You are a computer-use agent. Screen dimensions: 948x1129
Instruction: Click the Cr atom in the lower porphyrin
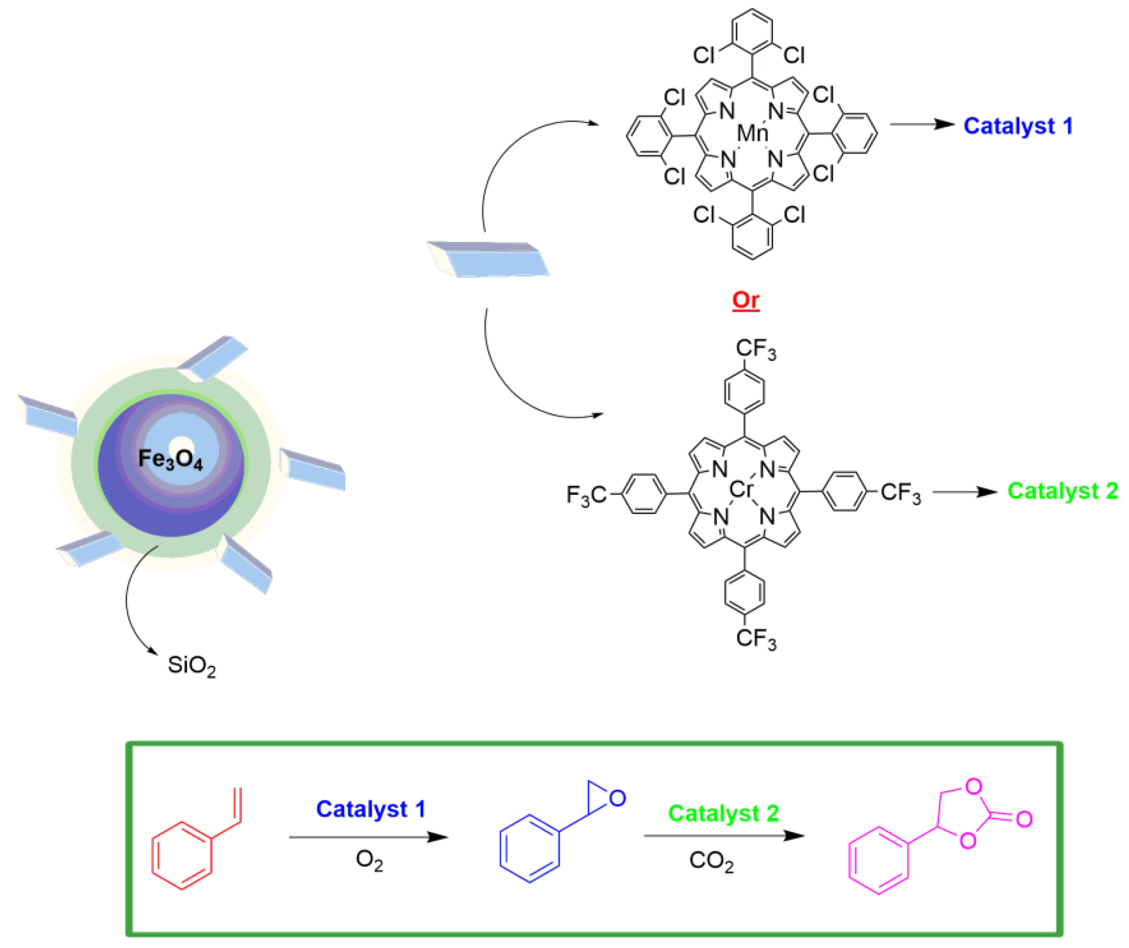742,490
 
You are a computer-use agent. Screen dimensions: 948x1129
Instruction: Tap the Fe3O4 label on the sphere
171,458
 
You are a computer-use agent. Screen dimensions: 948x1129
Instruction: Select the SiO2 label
191,666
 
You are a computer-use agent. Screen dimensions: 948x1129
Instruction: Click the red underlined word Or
746,299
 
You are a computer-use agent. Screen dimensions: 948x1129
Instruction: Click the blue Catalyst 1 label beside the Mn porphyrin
1018,126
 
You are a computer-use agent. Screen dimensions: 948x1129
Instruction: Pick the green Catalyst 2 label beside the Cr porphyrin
1062,490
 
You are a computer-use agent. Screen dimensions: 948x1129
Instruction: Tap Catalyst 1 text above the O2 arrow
370,809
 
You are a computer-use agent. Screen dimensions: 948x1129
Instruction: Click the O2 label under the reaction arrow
370,859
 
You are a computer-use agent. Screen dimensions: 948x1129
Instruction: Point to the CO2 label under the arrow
711,860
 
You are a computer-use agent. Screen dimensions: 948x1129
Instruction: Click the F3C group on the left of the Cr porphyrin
586,495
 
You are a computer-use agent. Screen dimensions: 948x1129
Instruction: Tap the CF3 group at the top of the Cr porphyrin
755,349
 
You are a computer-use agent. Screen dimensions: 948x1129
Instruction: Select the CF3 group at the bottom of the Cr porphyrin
755,639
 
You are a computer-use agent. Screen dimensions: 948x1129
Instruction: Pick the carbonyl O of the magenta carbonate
1024,819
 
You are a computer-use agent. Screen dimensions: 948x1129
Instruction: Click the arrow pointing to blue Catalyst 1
921,125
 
